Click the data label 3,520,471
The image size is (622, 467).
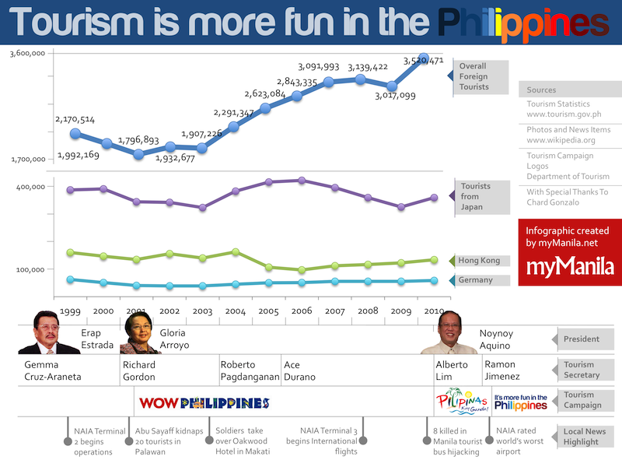click(x=424, y=61)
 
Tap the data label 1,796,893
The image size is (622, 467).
click(x=138, y=141)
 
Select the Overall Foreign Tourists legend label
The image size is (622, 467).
click(x=474, y=76)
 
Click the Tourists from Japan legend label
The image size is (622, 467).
click(x=476, y=197)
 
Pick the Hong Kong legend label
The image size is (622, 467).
click(x=478, y=261)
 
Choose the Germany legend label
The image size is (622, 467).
click(x=475, y=280)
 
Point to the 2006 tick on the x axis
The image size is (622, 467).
click(x=301, y=311)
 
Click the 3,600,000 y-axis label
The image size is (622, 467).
click(x=27, y=54)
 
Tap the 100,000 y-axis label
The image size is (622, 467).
click(x=32, y=269)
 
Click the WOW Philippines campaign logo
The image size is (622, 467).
click(x=204, y=403)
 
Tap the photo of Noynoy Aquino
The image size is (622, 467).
click(x=449, y=333)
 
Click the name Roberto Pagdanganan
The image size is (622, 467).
click(x=249, y=370)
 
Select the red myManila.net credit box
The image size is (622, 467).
click(x=570, y=252)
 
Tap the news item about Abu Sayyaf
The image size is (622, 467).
click(x=169, y=441)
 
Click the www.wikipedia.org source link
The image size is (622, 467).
click(x=561, y=140)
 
